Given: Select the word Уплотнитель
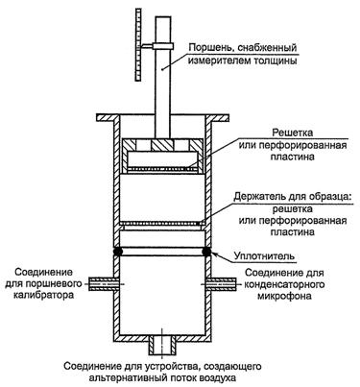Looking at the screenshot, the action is coord(263,256).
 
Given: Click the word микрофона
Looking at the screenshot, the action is coord(284,296).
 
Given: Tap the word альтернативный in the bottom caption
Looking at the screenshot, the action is coord(129,377).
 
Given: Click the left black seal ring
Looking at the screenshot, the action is coord(118,252).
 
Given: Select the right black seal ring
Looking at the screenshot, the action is coord(207,252).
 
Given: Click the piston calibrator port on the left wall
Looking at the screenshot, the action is coord(103,284).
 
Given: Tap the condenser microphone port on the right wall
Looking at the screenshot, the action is coord(222,284).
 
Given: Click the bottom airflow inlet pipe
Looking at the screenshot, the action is coord(162,346).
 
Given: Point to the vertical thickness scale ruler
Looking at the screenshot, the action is coord(138,45).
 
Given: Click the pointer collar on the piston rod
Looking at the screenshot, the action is coord(162,46).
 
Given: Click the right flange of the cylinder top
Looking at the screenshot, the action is coord(218,118).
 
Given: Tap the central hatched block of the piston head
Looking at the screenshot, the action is coord(162,145).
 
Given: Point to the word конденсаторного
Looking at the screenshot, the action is coord(284,284).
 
